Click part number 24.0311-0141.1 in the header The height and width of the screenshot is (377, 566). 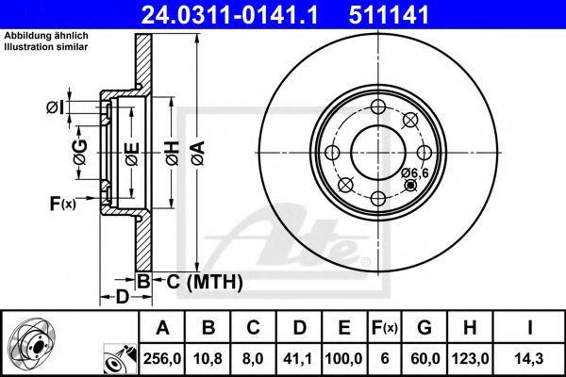pyautogui.click(x=229, y=15)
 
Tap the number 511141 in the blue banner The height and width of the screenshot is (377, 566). pyautogui.click(x=389, y=15)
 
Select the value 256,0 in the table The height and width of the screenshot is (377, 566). pyautogui.click(x=162, y=359)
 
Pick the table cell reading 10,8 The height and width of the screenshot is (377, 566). pyautogui.click(x=208, y=359)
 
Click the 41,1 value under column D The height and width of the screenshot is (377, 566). pyautogui.click(x=298, y=359)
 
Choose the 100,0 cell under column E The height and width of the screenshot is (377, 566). pyautogui.click(x=343, y=359)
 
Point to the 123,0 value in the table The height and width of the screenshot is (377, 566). pyautogui.click(x=471, y=359)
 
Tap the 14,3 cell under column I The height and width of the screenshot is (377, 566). pyautogui.click(x=529, y=359)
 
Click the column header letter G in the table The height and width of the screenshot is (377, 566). pyautogui.click(x=424, y=328)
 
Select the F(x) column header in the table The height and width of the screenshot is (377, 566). pyautogui.click(x=385, y=328)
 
